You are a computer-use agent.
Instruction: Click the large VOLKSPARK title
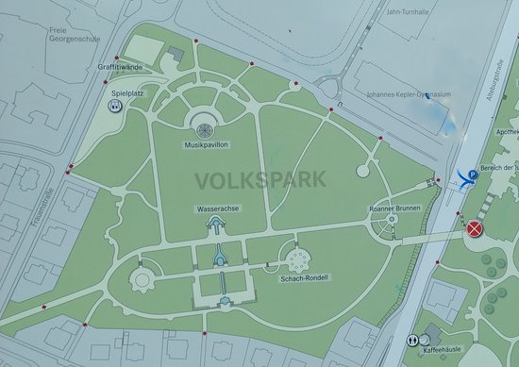(259, 178)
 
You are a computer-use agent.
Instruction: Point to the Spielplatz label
(126, 94)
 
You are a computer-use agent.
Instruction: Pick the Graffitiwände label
(120, 67)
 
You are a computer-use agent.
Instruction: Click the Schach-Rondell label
(304, 279)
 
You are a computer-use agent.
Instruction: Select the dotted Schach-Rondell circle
(298, 258)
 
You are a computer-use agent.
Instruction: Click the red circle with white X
(475, 227)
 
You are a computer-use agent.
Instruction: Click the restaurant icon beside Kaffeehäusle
(412, 339)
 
